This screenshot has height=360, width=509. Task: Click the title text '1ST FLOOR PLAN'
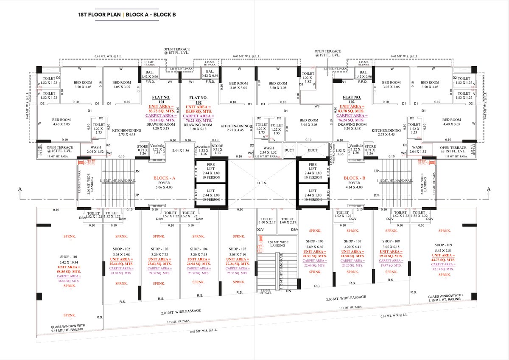[x=100, y=14]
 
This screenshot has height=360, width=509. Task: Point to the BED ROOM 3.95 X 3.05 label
[x=308, y=123]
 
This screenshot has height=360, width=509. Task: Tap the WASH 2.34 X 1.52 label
[x=268, y=150]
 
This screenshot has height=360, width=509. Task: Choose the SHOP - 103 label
[x=159, y=249]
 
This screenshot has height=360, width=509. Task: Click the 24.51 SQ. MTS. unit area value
[x=314, y=256]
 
